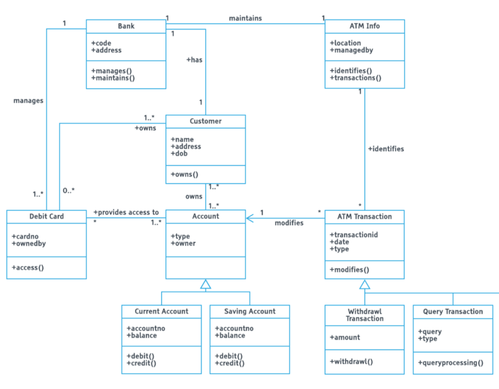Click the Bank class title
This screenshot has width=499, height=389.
click(x=126, y=26)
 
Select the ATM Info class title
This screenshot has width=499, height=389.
click(x=364, y=26)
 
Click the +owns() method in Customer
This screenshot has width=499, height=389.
click(x=184, y=174)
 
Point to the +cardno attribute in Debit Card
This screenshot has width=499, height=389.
click(x=29, y=237)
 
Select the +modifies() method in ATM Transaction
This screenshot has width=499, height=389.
click(x=349, y=270)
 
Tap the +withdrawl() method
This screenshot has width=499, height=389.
click(x=351, y=361)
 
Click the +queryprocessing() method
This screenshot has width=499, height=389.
click(x=451, y=362)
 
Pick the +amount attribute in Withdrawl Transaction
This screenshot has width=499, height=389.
click(x=345, y=337)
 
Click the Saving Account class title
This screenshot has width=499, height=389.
click(x=249, y=311)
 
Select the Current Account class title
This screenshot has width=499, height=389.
click(x=162, y=311)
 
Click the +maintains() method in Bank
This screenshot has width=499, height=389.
click(x=113, y=78)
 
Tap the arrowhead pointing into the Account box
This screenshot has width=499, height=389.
click(x=250, y=219)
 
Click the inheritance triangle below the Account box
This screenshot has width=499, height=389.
click(x=205, y=285)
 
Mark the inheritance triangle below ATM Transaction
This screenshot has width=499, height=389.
click(x=364, y=285)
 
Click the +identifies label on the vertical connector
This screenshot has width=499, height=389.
click(x=385, y=149)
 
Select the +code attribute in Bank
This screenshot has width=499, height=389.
click(x=101, y=43)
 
